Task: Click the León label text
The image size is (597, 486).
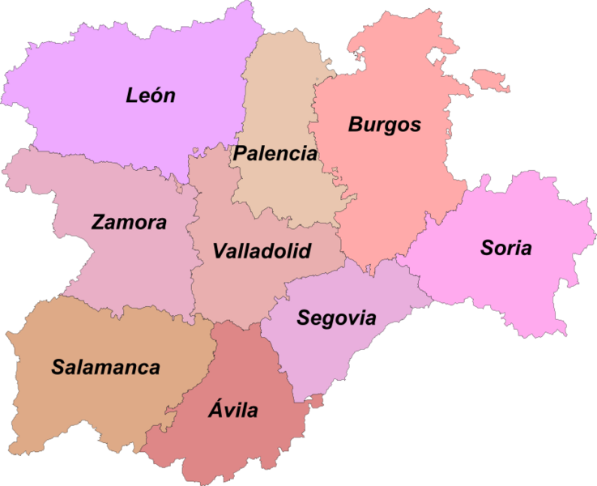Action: [151, 96]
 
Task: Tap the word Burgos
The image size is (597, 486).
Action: [385, 125]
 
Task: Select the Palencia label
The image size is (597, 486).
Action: [275, 153]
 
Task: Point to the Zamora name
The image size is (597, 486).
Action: [130, 222]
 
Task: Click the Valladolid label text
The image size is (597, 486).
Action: [262, 251]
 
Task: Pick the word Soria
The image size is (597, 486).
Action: [506, 248]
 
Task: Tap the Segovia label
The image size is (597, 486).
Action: [336, 318]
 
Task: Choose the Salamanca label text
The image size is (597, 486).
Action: [105, 367]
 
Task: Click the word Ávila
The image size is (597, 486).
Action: [232, 410]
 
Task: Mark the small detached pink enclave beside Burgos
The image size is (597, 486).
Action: [491, 79]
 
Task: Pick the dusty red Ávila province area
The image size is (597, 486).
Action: [235, 446]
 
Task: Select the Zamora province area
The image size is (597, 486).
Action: [122, 259]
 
